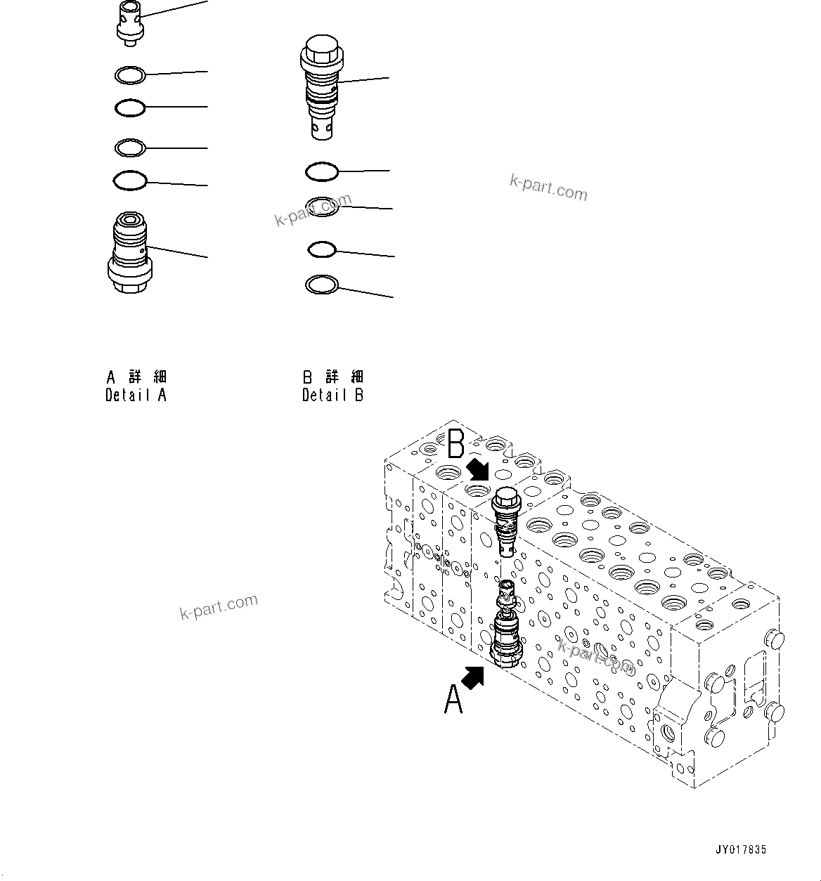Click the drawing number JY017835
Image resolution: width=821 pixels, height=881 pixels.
coord(741,850)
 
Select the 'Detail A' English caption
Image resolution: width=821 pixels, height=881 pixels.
coord(136,395)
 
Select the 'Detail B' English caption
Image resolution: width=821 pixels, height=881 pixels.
coord(332,395)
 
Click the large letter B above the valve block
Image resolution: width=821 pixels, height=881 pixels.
coord(456,444)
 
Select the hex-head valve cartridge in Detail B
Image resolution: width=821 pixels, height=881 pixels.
coord(321,88)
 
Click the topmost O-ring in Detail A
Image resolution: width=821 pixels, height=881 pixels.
coord(130,74)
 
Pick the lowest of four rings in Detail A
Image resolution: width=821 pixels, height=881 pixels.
coord(130,181)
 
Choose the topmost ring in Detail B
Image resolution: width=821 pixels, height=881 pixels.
coord(322,171)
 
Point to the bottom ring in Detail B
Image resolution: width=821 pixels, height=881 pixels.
coord(322,285)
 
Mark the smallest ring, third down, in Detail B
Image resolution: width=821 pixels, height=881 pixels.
coord(322,249)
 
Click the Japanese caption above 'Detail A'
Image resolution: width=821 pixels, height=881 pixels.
coord(136,377)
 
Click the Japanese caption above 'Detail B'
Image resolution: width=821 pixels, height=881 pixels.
coord(332,377)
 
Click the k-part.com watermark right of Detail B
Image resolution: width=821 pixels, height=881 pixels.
coord(548,188)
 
